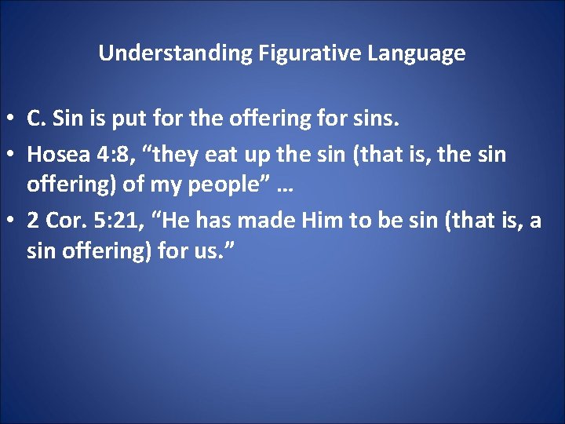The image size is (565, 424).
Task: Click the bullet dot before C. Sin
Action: [12, 119]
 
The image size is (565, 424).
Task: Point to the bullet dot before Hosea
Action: [12, 154]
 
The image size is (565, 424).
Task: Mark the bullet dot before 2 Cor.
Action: [12, 221]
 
